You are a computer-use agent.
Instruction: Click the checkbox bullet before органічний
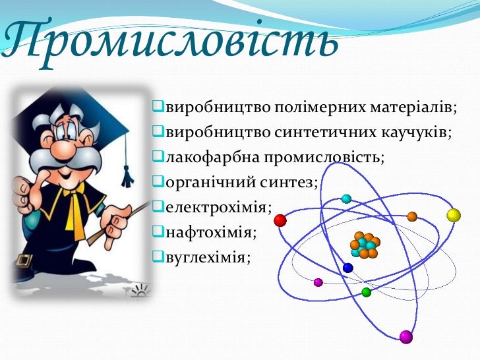158,182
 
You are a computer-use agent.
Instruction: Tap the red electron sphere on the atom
280,220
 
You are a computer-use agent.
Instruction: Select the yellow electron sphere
453,215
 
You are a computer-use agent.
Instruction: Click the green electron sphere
367,292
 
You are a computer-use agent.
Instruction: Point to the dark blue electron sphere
348,268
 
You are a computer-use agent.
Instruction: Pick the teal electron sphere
346,198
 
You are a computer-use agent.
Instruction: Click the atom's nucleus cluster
365,245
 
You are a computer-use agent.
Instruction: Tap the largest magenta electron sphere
405,337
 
